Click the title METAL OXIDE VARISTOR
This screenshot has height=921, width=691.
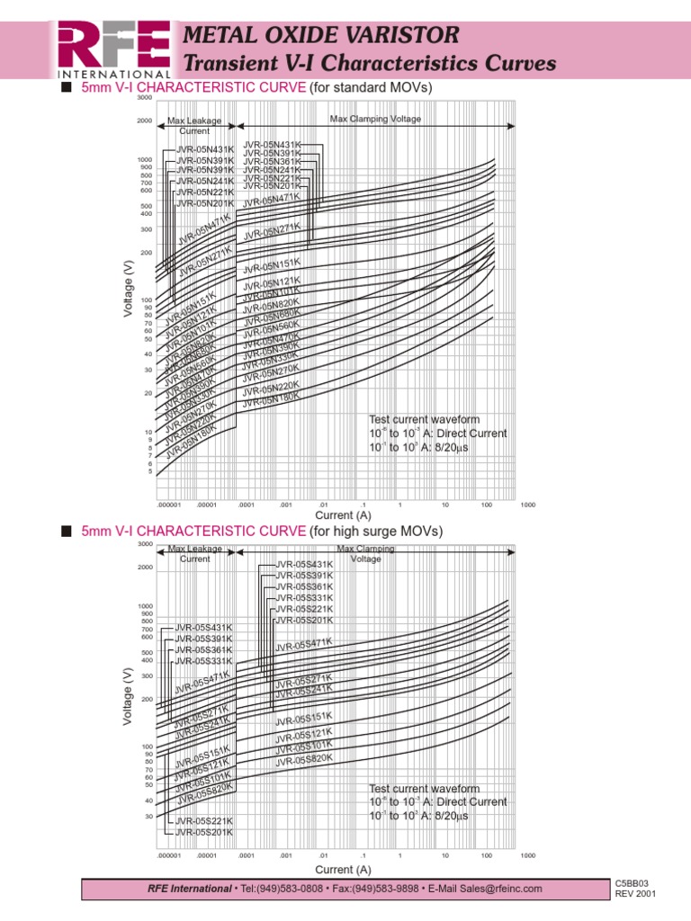coord(321,35)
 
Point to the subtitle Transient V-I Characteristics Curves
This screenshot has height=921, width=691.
coord(369,64)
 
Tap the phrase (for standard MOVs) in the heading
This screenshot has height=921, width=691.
coord(371,88)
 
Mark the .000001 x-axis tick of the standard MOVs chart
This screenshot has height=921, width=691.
coord(169,505)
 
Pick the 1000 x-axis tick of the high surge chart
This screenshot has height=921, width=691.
coord(527,854)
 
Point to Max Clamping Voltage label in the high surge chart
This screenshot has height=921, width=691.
coord(359,553)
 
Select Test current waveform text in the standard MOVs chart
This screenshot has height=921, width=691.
coord(425,419)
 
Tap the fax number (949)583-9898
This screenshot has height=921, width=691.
coord(388,889)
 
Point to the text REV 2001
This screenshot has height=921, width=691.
coord(636,895)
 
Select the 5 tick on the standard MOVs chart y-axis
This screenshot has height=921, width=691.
coord(149,471)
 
